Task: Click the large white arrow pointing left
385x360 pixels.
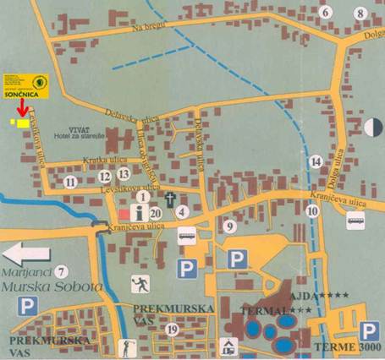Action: pos(25,253)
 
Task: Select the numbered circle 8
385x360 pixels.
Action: pos(360,13)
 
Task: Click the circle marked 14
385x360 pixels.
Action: pos(315,161)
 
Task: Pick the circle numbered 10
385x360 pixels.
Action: pos(312,210)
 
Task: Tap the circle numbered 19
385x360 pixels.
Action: pos(173,329)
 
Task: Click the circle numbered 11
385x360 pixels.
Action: pos(71,181)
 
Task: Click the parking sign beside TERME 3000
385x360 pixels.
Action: pos(368,330)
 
